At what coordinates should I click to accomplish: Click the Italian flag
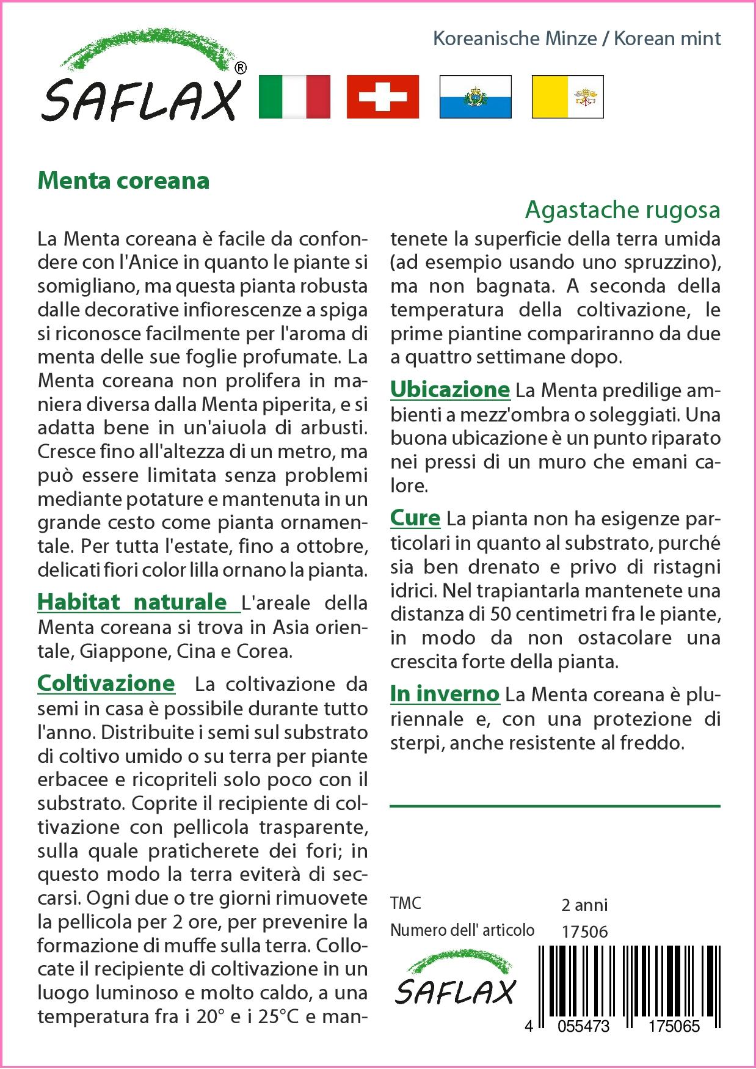(x=294, y=97)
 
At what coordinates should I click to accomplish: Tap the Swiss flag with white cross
(x=383, y=97)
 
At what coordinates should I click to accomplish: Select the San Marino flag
(x=475, y=97)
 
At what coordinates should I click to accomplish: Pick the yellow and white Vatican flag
(x=567, y=97)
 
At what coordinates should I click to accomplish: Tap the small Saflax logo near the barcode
(x=456, y=983)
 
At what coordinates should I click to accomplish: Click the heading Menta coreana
(x=123, y=181)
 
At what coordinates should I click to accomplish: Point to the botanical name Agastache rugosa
(x=622, y=210)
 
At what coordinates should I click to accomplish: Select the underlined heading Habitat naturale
(x=132, y=602)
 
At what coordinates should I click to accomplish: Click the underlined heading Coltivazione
(x=106, y=683)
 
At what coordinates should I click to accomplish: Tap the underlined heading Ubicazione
(x=449, y=389)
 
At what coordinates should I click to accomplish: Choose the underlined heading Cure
(x=415, y=518)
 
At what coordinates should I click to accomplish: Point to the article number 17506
(x=584, y=932)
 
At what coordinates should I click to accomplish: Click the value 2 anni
(x=584, y=905)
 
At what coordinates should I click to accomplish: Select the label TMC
(x=405, y=903)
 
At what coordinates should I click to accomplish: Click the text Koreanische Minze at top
(x=515, y=39)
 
